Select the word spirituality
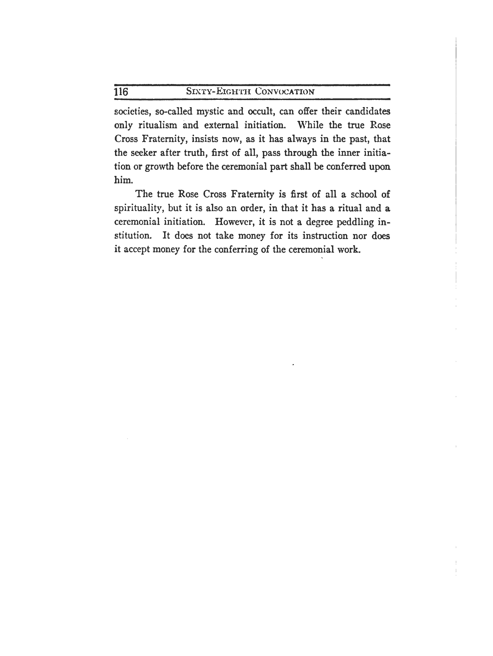coord(139,209)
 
